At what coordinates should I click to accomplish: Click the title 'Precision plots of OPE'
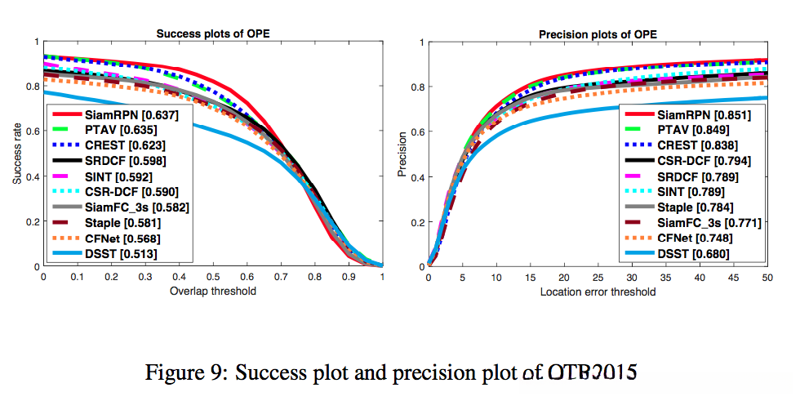pyautogui.click(x=598, y=33)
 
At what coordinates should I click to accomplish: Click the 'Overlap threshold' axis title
pyautogui.click(x=212, y=291)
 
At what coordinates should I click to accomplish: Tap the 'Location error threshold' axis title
pyautogui.click(x=598, y=292)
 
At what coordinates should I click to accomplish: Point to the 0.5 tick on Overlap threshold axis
pyautogui.click(x=212, y=278)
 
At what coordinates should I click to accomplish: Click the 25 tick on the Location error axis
pyautogui.click(x=598, y=278)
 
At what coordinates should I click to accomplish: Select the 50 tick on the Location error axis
pyautogui.click(x=767, y=278)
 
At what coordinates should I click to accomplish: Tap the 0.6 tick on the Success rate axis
pyautogui.click(x=32, y=131)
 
